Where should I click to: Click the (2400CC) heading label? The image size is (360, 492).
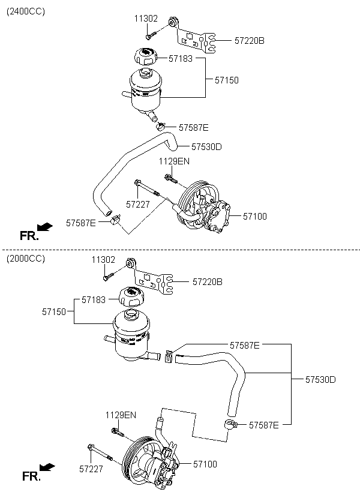point(26,11)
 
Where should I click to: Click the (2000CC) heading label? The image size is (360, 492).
point(26,259)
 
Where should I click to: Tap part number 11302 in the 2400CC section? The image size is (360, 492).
point(146,19)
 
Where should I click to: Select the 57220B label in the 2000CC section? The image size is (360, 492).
point(208,282)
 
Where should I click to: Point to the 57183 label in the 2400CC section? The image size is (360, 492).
point(181,58)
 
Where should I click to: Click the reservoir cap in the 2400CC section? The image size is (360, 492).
point(145,56)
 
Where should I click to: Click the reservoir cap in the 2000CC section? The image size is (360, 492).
point(130,296)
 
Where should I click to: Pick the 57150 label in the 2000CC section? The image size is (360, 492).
point(54,312)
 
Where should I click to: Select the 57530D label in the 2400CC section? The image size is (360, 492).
point(206,147)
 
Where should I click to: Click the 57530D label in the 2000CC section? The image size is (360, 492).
point(320,380)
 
